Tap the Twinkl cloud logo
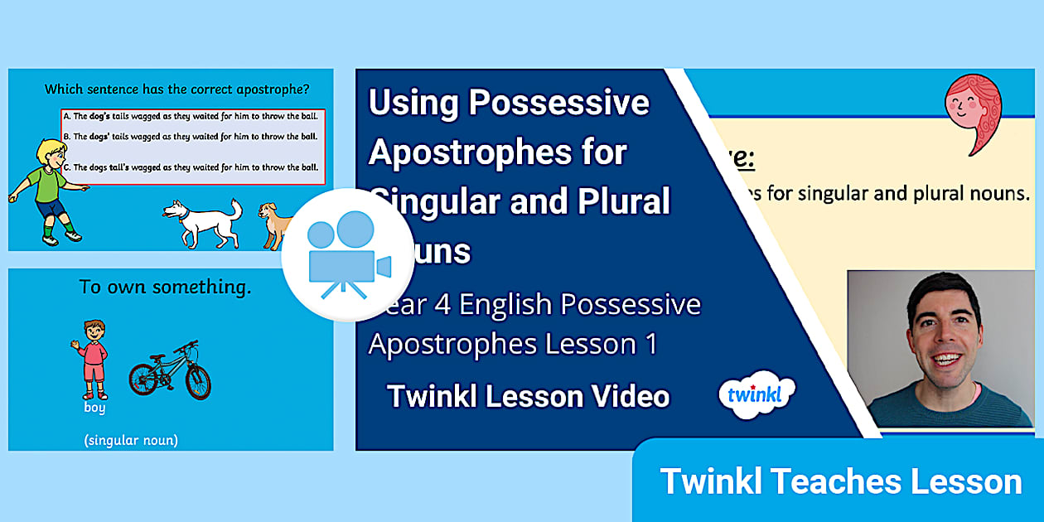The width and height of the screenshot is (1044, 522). (756, 394)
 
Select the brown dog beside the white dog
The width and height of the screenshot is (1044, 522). (277, 225)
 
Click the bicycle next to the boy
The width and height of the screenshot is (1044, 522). (170, 370)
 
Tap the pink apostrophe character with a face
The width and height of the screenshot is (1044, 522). (974, 113)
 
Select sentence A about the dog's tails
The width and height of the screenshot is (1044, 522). (192, 118)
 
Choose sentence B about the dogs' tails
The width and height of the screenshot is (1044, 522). (192, 137)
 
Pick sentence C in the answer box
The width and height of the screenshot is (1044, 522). (192, 167)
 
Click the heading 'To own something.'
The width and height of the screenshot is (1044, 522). (165, 288)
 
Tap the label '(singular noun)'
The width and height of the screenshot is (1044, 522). (130, 440)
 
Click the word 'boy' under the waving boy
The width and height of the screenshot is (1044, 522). (94, 408)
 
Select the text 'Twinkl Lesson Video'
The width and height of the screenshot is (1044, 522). (528, 396)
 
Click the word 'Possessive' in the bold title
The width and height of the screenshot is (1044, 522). (559, 103)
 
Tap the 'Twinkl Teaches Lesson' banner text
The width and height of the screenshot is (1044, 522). (840, 481)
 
